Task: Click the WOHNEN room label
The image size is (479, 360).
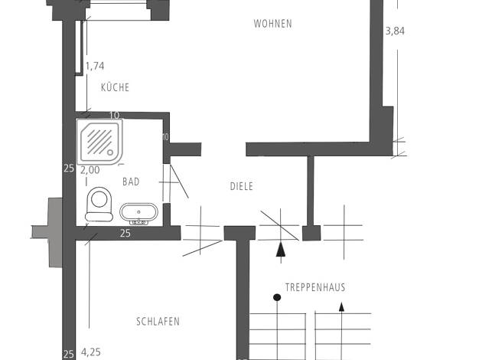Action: pyautogui.click(x=273, y=24)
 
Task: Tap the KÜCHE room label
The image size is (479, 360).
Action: pyautogui.click(x=116, y=87)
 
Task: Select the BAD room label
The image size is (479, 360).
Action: pyautogui.click(x=131, y=182)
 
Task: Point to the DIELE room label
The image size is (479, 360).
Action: pyautogui.click(x=241, y=186)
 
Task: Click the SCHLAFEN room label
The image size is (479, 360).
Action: pyautogui.click(x=158, y=322)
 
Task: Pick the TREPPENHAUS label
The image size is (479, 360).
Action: pyautogui.click(x=315, y=287)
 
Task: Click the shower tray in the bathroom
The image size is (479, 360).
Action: pyautogui.click(x=99, y=142)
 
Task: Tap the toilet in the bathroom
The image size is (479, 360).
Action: pyautogui.click(x=99, y=205)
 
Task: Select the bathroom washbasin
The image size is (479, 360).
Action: pyautogui.click(x=139, y=214)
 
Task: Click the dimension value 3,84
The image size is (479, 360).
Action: pyautogui.click(x=395, y=31)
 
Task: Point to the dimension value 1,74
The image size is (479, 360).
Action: pyautogui.click(x=95, y=66)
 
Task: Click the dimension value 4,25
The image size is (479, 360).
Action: pyautogui.click(x=91, y=352)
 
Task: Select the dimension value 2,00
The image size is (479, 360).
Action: pyautogui.click(x=90, y=170)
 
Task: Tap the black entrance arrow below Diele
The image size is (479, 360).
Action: pyautogui.click(x=281, y=249)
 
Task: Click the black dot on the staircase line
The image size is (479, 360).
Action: pyautogui.click(x=277, y=297)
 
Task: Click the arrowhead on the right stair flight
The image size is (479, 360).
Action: pyautogui.click(x=341, y=307)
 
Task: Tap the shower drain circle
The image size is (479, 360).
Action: pyautogui.click(x=110, y=152)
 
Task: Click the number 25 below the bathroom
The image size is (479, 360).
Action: pyautogui.click(x=125, y=233)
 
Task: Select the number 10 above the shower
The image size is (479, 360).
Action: pyautogui.click(x=114, y=116)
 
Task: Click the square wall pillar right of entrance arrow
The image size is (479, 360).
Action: pyautogui.click(x=311, y=233)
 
